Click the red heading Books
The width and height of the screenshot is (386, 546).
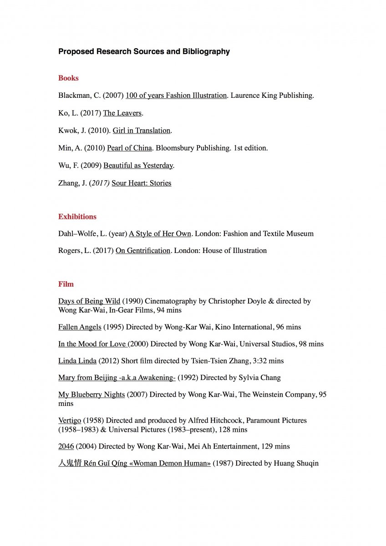click(68, 78)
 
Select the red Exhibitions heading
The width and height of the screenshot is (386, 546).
click(77, 217)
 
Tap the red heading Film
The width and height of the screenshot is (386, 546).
click(66, 284)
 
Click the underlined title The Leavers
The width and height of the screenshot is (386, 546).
click(122, 113)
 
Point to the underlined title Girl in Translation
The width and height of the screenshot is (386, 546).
click(142, 131)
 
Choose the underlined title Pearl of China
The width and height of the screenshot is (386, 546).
click(129, 148)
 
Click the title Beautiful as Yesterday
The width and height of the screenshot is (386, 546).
click(138, 166)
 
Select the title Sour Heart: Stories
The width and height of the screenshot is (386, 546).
click(141, 183)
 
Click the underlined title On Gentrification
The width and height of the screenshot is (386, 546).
click(143, 251)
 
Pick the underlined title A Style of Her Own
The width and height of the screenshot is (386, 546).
click(160, 234)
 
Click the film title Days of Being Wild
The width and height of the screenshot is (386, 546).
click(89, 301)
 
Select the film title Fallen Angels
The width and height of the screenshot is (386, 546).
click(80, 327)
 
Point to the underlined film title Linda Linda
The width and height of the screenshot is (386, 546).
click(77, 361)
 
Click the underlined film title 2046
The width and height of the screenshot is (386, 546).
click(66, 446)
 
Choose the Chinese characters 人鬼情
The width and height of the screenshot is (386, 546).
click(70, 464)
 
